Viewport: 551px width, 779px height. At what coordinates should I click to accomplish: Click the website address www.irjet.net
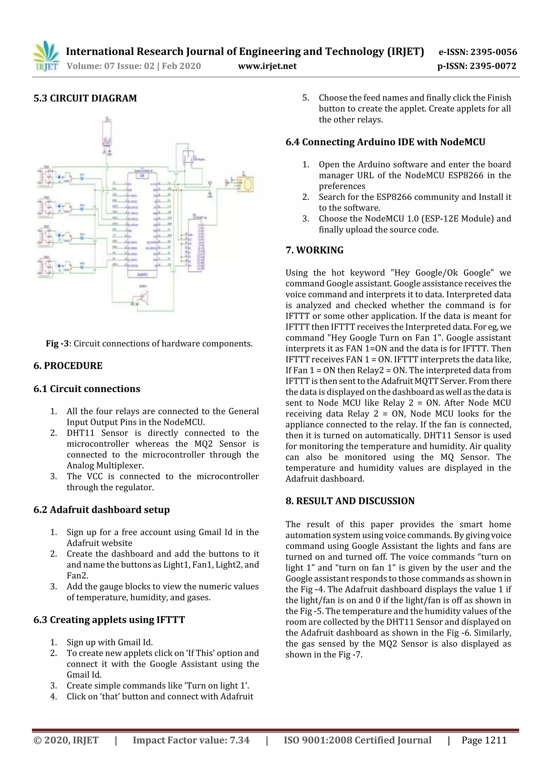pyautogui.click(x=267, y=66)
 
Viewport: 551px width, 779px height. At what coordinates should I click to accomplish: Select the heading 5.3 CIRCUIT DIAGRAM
pyautogui.click(x=85, y=98)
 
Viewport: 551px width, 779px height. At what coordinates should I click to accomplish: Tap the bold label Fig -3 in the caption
pyautogui.click(x=57, y=344)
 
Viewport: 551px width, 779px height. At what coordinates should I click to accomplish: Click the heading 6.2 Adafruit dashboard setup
pyautogui.click(x=101, y=510)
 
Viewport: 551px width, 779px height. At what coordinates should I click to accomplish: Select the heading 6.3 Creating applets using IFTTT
pyautogui.click(x=109, y=620)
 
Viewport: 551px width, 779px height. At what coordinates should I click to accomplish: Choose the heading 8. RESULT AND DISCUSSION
pyautogui.click(x=350, y=501)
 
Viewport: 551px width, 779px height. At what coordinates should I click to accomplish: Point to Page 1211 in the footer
pyautogui.click(x=484, y=740)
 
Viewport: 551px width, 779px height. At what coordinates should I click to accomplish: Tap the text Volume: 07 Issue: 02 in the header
pyautogui.click(x=110, y=66)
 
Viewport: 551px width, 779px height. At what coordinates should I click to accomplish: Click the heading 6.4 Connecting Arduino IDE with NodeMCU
pyautogui.click(x=385, y=142)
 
